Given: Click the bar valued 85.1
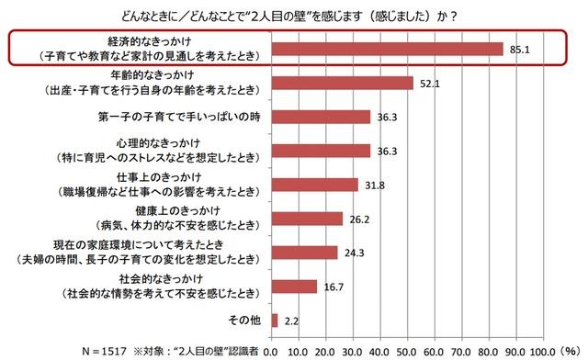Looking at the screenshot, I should (387, 49).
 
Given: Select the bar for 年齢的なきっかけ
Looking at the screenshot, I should (342, 84).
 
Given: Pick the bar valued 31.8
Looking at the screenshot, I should (314, 185).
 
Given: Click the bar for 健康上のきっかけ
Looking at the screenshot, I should (306, 219).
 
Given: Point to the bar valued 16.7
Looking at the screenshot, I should (293, 286).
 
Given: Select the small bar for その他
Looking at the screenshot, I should (274, 320).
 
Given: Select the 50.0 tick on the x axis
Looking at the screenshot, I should (408, 350).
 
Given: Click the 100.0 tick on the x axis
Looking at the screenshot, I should (545, 350).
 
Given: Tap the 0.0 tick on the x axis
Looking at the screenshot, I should (271, 350).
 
